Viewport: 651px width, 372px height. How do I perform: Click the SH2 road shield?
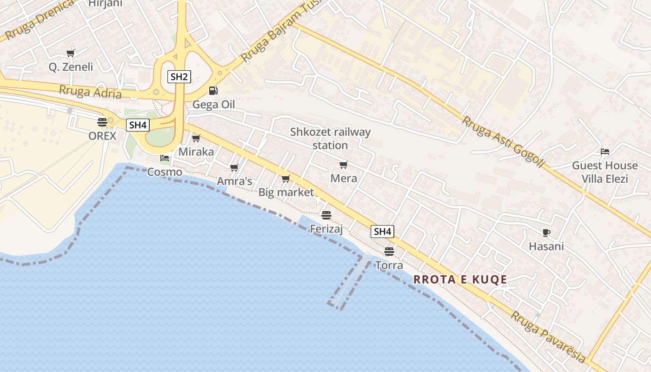click(179, 77)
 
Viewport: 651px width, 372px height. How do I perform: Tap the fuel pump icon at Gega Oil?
click(213, 91)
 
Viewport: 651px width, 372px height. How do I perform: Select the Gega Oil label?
click(213, 105)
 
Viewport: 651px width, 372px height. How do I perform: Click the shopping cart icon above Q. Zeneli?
click(71, 53)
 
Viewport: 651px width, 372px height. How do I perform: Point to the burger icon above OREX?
click(102, 122)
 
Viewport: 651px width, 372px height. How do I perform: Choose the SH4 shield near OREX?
click(138, 125)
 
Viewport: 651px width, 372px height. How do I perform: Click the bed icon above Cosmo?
click(165, 158)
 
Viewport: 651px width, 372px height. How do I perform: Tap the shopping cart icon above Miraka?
click(196, 138)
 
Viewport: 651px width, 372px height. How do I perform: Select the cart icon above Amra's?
click(234, 167)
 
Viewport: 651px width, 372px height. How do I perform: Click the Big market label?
click(286, 192)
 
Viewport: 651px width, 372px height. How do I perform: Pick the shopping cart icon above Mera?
click(344, 165)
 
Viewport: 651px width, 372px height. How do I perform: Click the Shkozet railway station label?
click(330, 139)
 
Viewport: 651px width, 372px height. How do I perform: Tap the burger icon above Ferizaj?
click(326, 215)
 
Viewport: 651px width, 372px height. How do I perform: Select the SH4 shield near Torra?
click(383, 232)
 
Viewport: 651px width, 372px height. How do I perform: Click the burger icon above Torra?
click(389, 252)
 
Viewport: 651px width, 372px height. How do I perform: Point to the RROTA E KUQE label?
click(460, 279)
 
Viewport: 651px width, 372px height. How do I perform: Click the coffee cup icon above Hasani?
click(546, 232)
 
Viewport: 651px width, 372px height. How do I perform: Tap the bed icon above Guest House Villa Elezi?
click(605, 152)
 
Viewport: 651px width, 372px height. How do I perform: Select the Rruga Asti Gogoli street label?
click(503, 141)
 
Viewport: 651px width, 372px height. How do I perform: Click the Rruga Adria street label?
click(90, 92)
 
